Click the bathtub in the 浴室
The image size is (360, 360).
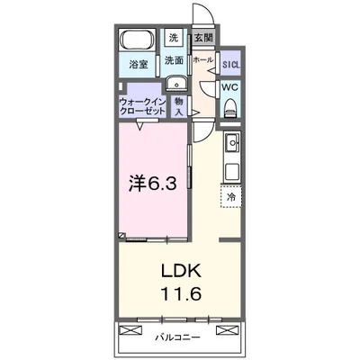(138, 40)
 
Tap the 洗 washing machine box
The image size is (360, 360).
(173, 38)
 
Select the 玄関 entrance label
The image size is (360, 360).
(203, 38)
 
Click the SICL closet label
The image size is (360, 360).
(231, 64)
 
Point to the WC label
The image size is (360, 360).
(230, 87)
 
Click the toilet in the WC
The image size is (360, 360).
(230, 108)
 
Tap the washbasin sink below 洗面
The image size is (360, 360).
(176, 83)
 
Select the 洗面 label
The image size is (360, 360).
(174, 60)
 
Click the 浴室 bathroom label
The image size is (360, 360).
(139, 64)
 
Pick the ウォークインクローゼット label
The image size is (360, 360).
(142, 106)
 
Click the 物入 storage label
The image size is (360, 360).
(179, 106)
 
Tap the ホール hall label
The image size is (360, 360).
(203, 59)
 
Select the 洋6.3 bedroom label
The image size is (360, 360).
(153, 183)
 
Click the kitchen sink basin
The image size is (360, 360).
(232, 143)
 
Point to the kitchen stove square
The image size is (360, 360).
(232, 172)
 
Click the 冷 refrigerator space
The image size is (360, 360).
(231, 196)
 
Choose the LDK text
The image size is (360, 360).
(181, 271)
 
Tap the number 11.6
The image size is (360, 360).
(181, 293)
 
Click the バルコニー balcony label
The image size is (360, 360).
(177, 337)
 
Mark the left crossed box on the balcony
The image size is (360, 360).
(130, 330)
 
